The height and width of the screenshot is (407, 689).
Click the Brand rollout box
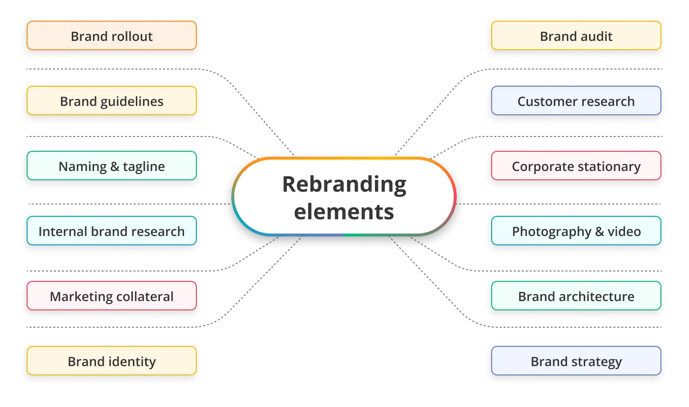pyautogui.click(x=112, y=36)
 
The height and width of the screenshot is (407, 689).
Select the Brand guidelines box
pyautogui.click(x=112, y=101)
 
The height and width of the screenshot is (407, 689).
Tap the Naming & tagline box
pyautogui.click(x=112, y=166)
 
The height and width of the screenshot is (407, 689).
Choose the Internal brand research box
pyautogui.click(x=112, y=231)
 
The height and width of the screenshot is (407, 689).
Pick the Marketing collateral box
pyautogui.click(x=112, y=296)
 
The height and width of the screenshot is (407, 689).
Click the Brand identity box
pyautogui.click(x=112, y=361)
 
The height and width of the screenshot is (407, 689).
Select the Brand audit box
pyautogui.click(x=576, y=36)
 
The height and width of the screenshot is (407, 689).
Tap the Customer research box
pyautogui.click(x=576, y=101)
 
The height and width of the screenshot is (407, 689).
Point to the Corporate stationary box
pyautogui.click(x=576, y=166)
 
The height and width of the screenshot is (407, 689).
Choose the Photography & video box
pyautogui.click(x=576, y=231)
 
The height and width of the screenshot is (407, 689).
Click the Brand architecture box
pyautogui.click(x=576, y=296)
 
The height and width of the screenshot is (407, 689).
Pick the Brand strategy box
pyautogui.click(x=576, y=361)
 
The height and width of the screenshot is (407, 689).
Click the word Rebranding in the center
pyautogui.click(x=344, y=184)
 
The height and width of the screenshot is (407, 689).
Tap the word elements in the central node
pyautogui.click(x=344, y=211)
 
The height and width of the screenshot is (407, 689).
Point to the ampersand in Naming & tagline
pyautogui.click(x=113, y=167)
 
